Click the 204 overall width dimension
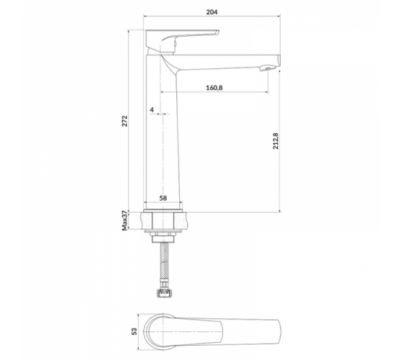click(x=212, y=12)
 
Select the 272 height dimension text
click(x=124, y=121)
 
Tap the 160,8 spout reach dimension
click(x=214, y=88)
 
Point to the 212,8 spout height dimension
click(x=276, y=141)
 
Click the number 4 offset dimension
click(x=152, y=109)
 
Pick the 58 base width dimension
click(x=163, y=198)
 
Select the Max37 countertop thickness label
click(x=124, y=220)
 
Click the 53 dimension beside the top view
click(x=134, y=331)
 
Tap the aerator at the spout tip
click(x=267, y=68)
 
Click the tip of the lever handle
click(x=217, y=32)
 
